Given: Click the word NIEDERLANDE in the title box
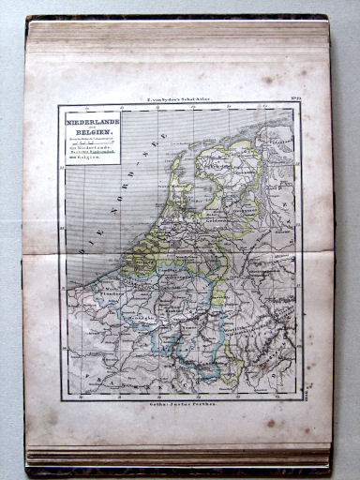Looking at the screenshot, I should coord(90,121).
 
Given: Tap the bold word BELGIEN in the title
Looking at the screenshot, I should coord(90,134).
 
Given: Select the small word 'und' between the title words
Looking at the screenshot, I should coord(90,127).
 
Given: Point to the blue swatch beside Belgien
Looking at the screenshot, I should coord(69,160).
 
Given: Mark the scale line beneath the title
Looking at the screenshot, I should coord(90,142).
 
